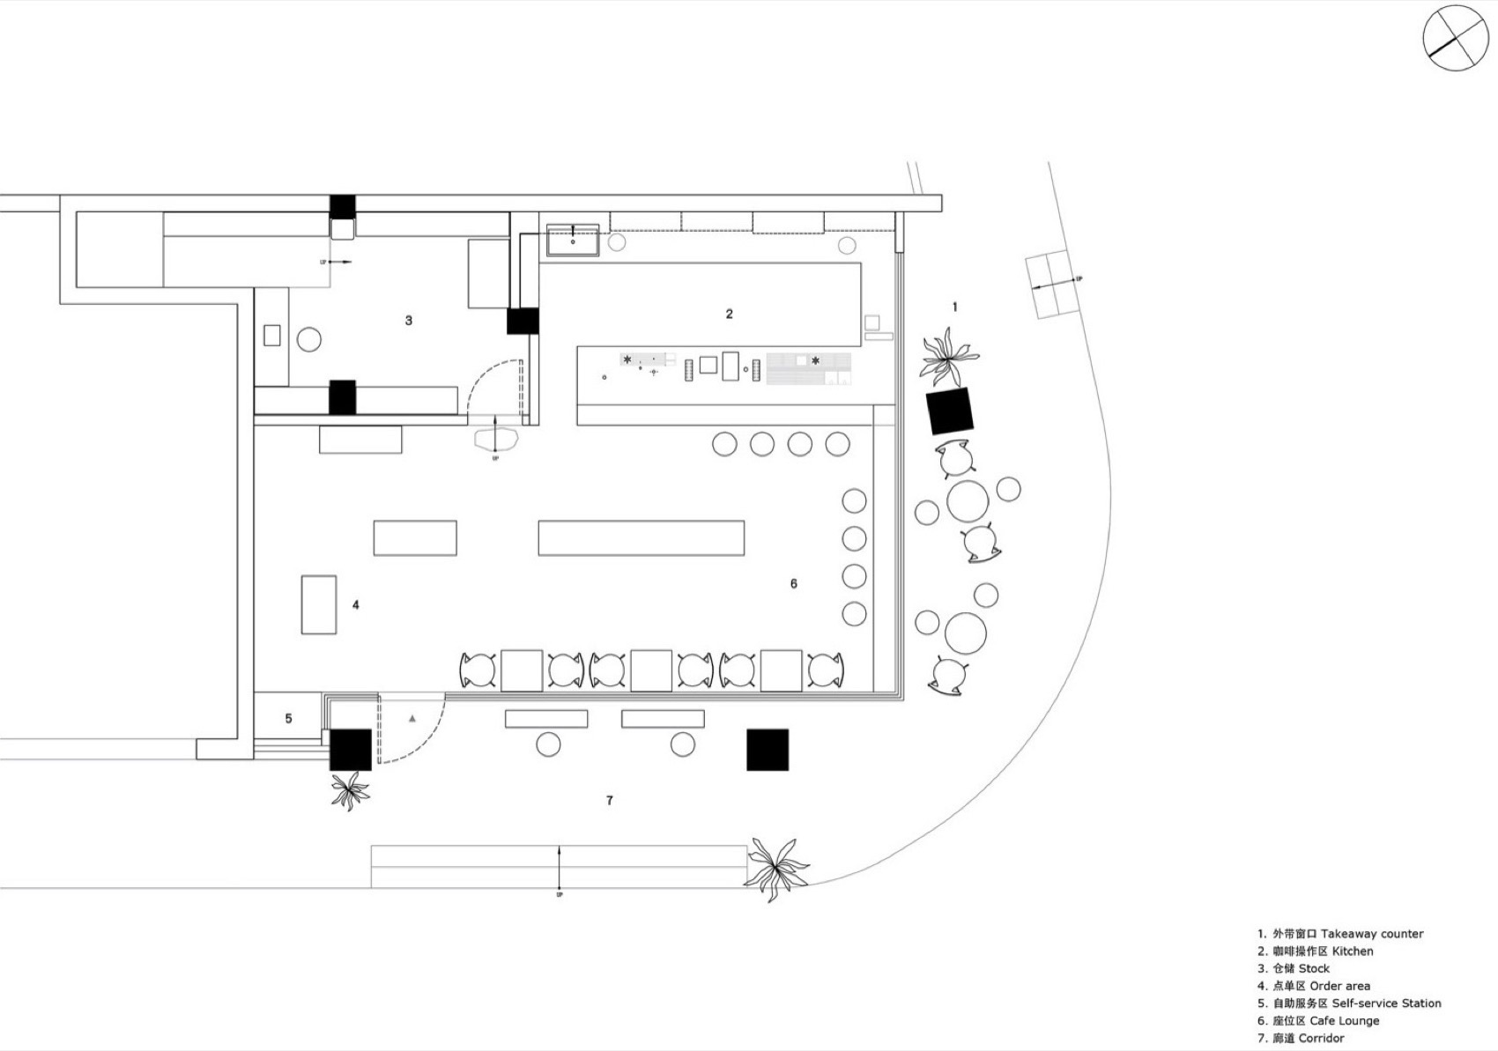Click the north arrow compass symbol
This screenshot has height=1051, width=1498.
[1455, 37]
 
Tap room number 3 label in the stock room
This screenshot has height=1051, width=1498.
[408, 321]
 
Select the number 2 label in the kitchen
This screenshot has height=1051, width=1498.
[729, 314]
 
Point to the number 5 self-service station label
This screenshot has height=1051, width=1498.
[288, 719]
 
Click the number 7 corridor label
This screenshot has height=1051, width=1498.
[609, 801]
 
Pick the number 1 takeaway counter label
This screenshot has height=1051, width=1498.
[954, 307]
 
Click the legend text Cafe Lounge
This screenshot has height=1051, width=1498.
[1344, 1020]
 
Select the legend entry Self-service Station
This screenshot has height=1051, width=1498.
[1385, 1003]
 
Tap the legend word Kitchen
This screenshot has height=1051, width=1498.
[1352, 951]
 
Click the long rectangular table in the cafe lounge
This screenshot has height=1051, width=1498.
[641, 537]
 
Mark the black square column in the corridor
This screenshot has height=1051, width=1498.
[767, 750]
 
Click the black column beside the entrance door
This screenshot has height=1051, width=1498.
[350, 750]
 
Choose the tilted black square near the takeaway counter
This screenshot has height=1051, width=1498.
[949, 411]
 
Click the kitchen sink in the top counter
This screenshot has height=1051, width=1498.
[573, 240]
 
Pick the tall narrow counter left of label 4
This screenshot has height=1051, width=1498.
[318, 604]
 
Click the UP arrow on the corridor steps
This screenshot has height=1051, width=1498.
[560, 868]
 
